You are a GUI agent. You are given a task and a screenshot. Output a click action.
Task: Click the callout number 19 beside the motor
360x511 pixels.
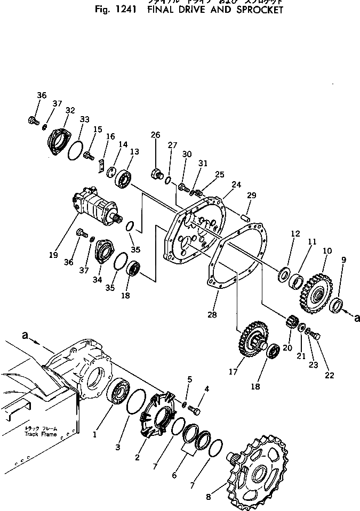point(53,255)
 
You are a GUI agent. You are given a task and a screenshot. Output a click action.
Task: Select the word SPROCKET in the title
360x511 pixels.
point(255,10)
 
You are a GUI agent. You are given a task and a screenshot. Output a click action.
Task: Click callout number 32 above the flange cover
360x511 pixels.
point(70,110)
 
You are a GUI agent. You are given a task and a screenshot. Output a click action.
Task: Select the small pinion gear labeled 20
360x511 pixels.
point(291,323)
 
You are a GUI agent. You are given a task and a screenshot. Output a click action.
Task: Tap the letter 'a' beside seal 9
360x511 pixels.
point(357,318)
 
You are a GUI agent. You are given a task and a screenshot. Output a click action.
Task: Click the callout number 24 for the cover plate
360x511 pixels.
point(236,185)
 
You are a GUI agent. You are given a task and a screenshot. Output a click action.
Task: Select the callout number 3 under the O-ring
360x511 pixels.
point(118,447)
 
